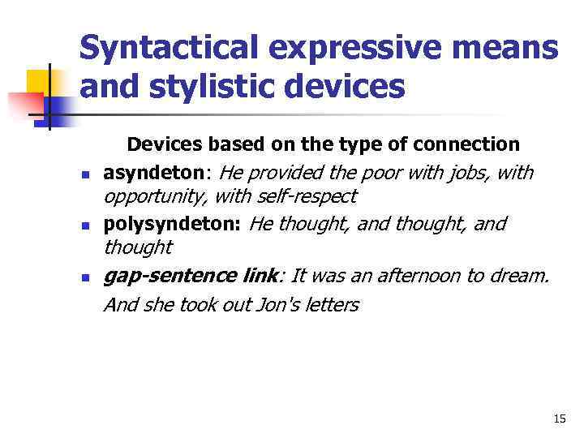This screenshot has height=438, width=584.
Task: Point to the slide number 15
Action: click(x=559, y=419)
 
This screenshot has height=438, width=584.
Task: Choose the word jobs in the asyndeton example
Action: click(x=462, y=172)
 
